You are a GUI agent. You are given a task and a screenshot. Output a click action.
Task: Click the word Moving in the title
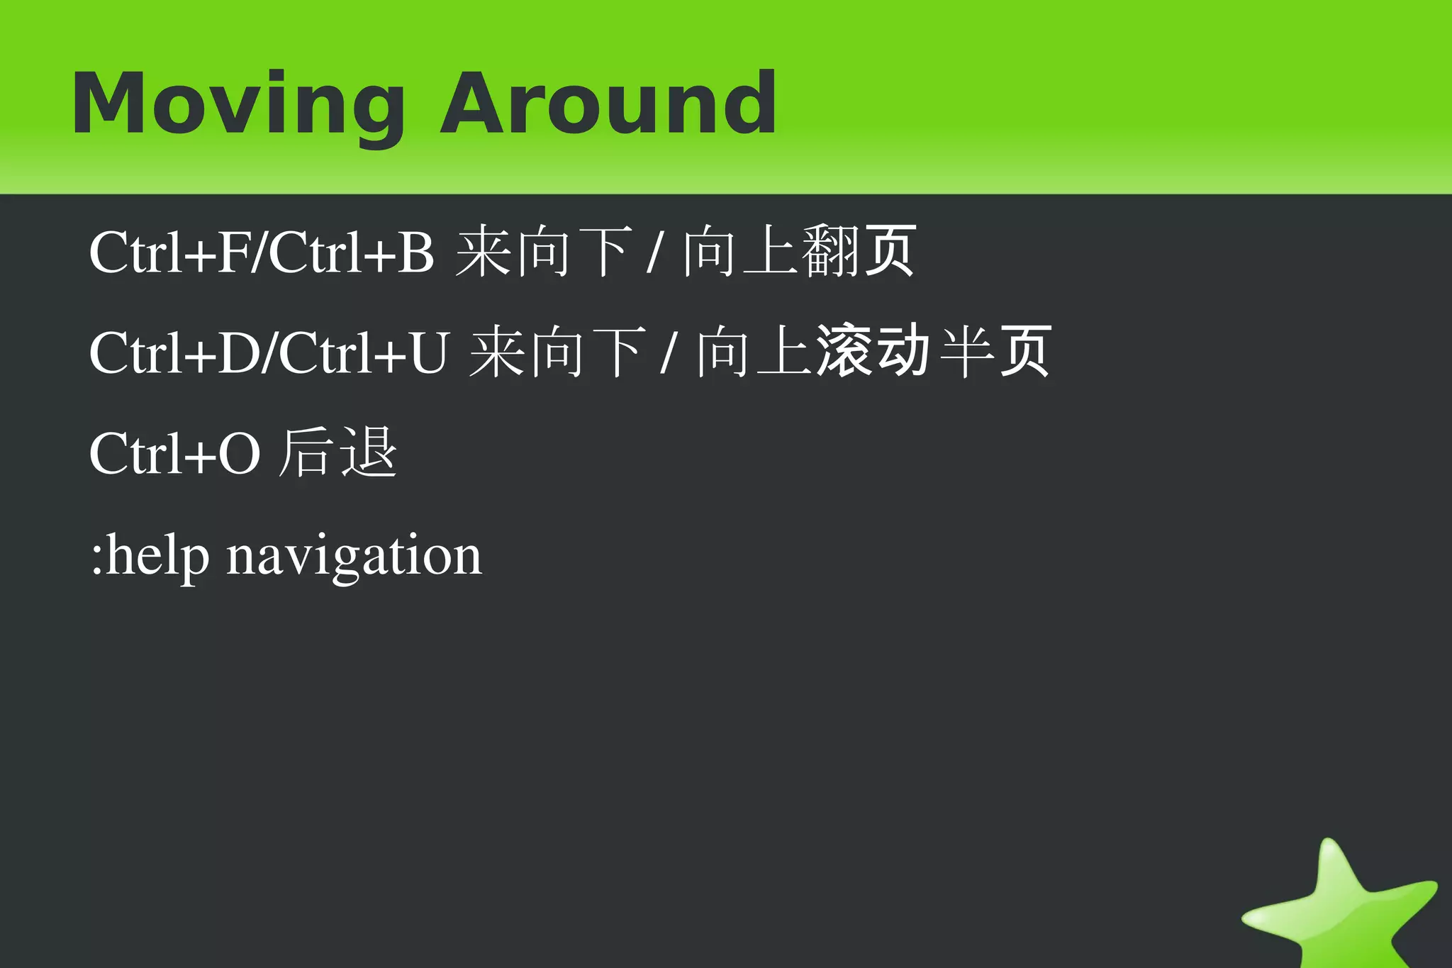238,105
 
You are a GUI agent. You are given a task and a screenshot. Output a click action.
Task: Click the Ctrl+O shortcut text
174,454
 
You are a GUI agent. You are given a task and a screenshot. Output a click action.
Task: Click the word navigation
354,557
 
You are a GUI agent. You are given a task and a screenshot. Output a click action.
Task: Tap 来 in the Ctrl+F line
482,252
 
